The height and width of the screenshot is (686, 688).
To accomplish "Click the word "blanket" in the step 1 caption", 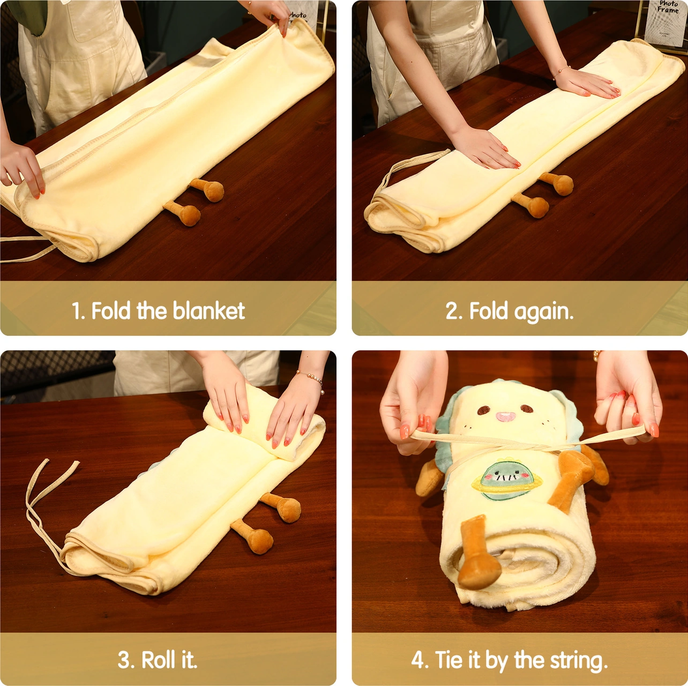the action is tap(209, 310).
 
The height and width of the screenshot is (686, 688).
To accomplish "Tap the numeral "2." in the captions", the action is tap(454, 311).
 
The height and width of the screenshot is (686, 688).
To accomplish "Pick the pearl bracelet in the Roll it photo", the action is tap(312, 380).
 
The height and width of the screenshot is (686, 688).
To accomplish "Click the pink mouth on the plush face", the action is tap(506, 416).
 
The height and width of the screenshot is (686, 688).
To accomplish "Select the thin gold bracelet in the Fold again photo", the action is tap(561, 71).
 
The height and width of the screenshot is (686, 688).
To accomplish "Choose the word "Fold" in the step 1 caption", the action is tap(111, 310).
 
